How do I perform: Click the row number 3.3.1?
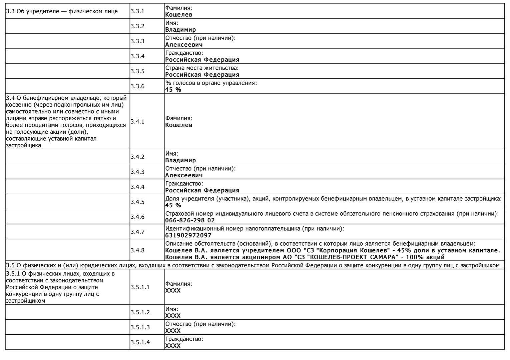[137, 11]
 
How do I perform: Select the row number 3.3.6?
[137, 86]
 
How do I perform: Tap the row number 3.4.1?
[137, 121]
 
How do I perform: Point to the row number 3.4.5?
[137, 202]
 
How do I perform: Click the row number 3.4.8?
[137, 250]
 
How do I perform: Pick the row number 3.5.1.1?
[140, 287]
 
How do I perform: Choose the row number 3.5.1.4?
[140, 342]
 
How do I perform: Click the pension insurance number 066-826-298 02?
[190, 220]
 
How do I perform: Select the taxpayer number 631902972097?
[188, 235]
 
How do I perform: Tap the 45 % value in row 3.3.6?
[173, 90]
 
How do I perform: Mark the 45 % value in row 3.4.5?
[173, 205]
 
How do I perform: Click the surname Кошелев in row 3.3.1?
[179, 15]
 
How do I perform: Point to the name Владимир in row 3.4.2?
[180, 160]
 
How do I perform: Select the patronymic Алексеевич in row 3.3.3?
[184, 45]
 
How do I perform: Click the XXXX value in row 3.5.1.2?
[173, 316]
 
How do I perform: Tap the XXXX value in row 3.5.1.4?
[173, 346]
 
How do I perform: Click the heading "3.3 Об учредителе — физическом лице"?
[62, 11]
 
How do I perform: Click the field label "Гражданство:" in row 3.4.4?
[184, 184]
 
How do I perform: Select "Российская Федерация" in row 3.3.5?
[202, 75]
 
